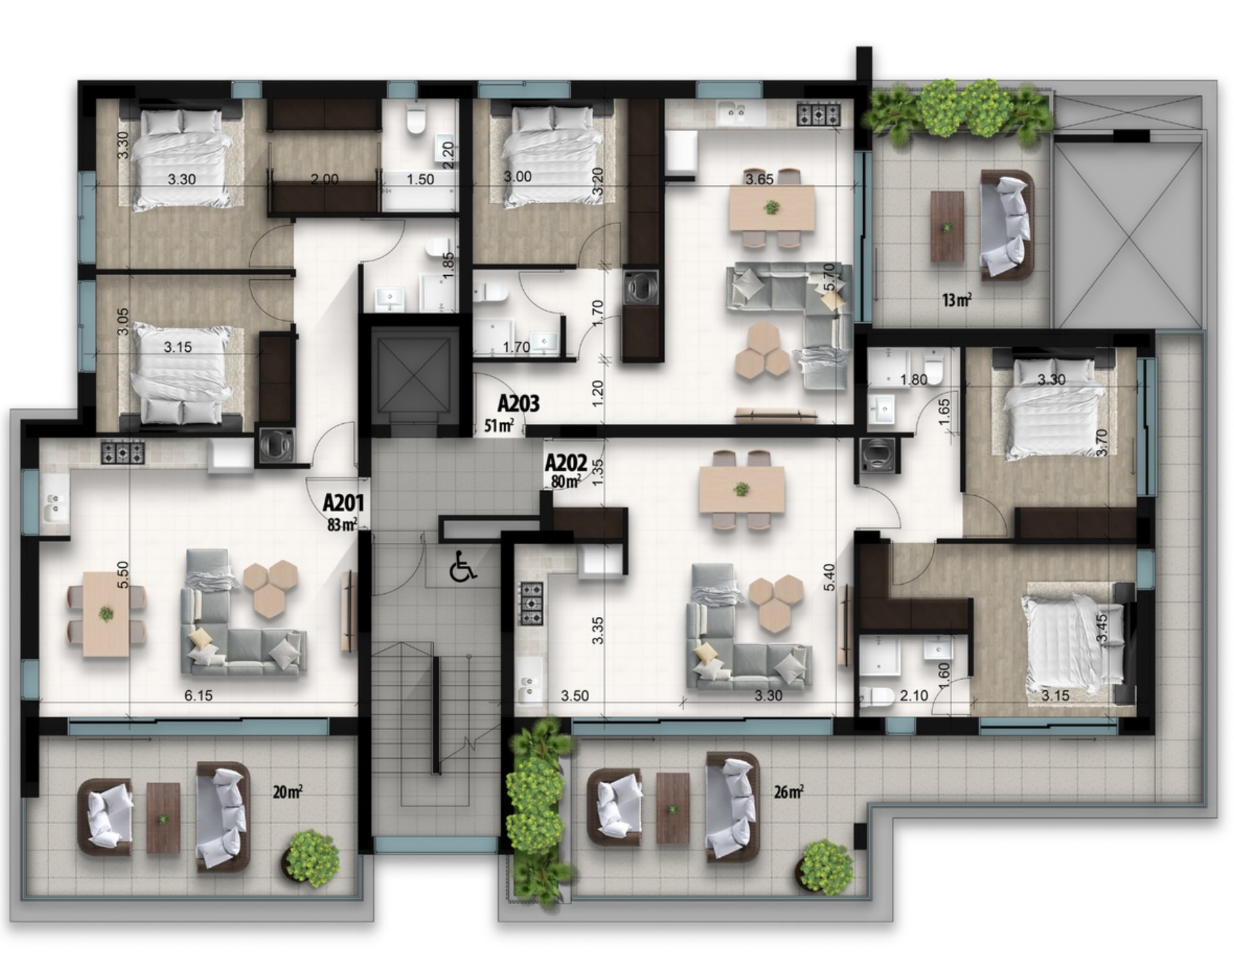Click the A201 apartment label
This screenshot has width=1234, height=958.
[x=343, y=503]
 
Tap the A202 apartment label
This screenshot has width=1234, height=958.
[x=565, y=463]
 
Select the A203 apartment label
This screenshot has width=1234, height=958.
[x=518, y=404]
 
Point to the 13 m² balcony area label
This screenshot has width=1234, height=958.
[x=957, y=300]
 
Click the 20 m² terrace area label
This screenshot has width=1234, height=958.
[x=287, y=792]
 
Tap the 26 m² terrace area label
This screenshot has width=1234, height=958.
[x=789, y=792]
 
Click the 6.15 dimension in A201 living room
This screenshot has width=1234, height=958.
[x=199, y=696]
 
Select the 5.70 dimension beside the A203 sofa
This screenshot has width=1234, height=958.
[x=829, y=277]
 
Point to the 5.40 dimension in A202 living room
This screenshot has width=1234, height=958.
[x=829, y=577]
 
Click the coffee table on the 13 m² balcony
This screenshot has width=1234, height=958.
[x=947, y=226]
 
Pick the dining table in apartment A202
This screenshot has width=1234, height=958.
[x=741, y=489]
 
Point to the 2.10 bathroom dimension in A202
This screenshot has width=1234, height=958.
[x=914, y=696]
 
